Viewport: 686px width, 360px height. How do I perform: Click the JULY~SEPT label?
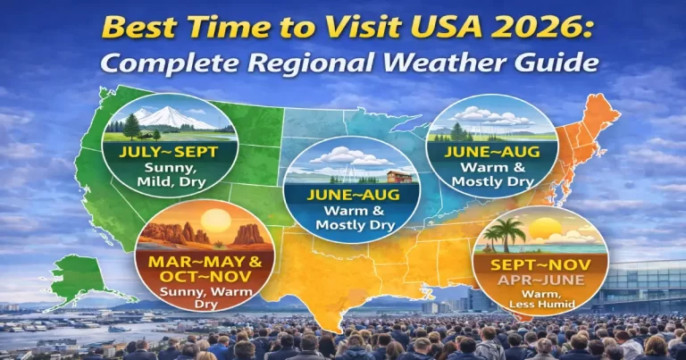coord(168,152)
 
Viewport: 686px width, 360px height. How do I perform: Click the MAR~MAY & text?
coord(195,263)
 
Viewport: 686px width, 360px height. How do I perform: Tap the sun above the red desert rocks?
coord(218,221)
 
